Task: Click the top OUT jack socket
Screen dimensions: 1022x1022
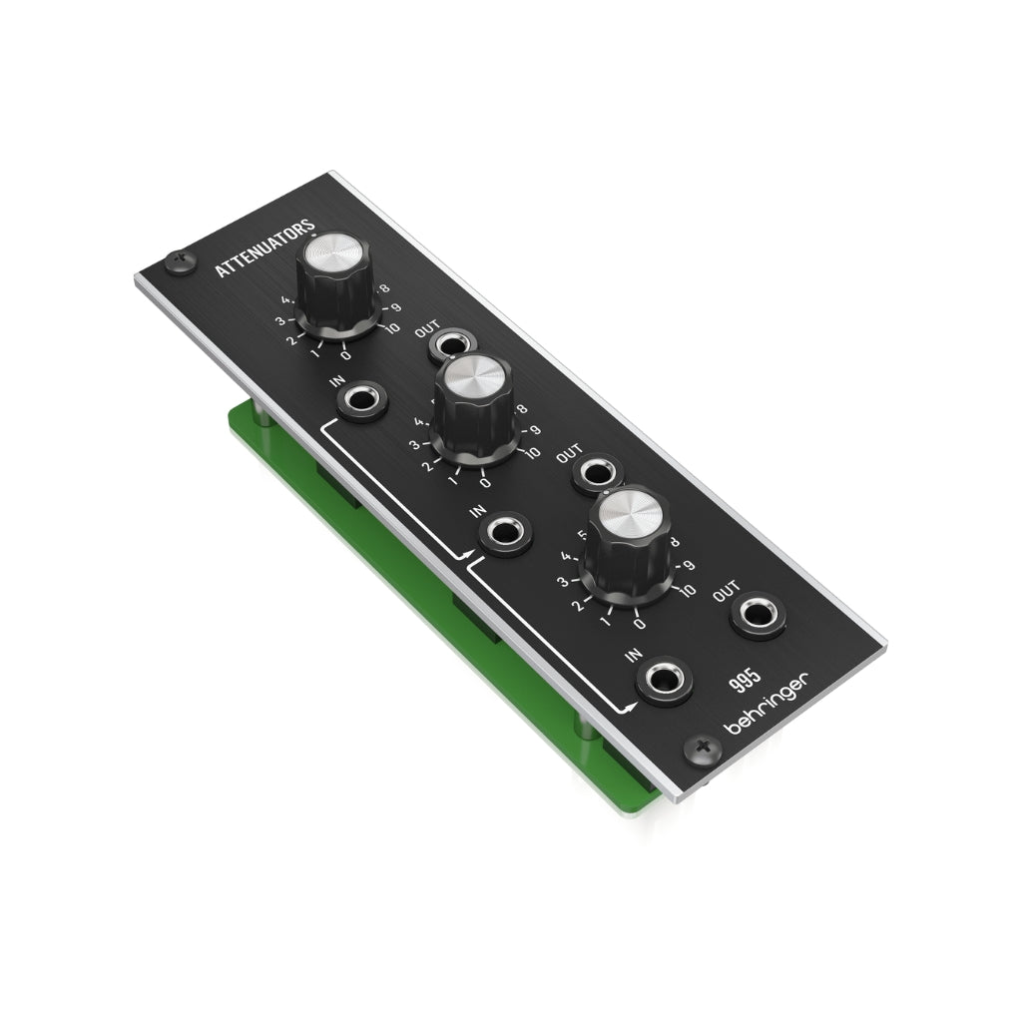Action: tap(452, 346)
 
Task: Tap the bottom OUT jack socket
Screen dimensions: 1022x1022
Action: tap(758, 615)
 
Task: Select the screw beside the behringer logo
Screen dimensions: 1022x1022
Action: tap(704, 747)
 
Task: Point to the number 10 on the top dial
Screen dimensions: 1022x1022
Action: tap(388, 328)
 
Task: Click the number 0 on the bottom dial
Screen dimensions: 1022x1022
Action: tap(640, 625)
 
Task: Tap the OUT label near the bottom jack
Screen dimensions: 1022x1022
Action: tap(727, 594)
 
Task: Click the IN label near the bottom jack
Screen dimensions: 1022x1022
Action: tap(633, 654)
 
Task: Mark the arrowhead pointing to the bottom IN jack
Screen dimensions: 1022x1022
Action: tap(630, 709)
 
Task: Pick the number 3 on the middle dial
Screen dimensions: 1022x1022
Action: tap(414, 445)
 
